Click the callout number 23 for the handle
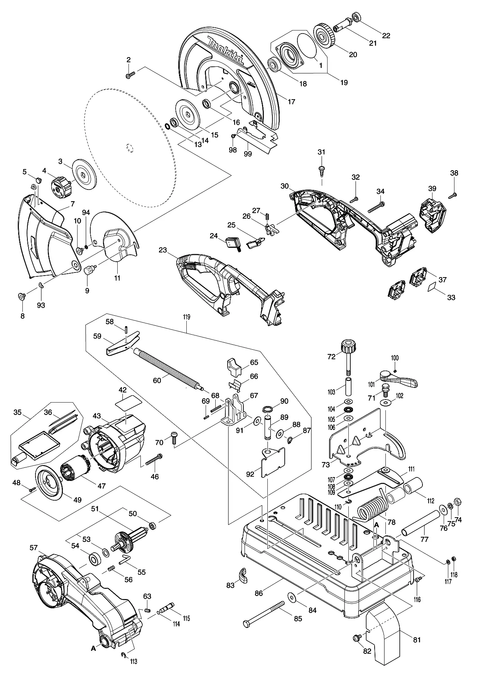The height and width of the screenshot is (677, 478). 163,250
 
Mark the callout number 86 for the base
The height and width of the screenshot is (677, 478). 259,593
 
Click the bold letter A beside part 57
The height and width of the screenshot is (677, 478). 93,649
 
